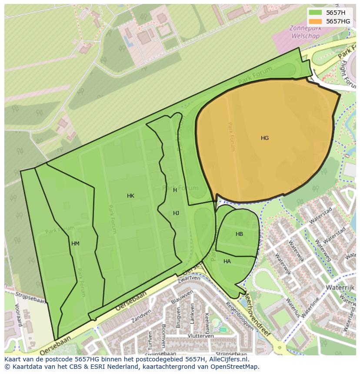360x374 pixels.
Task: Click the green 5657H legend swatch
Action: [316, 13]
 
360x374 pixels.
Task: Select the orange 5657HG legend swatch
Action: [316, 21]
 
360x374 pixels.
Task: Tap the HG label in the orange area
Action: [265, 138]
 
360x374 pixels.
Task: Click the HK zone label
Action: [130, 196]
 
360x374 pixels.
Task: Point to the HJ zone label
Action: [176, 213]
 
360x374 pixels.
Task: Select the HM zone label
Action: [75, 244]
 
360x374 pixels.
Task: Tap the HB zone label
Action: [239, 234]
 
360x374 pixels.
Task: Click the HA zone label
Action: [227, 261]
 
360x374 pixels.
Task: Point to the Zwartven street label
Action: [188, 278]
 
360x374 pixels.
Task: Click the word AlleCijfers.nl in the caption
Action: [227, 359]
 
